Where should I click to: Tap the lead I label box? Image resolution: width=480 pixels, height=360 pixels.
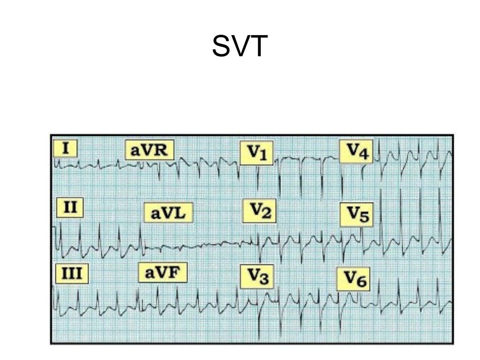click(x=65, y=149)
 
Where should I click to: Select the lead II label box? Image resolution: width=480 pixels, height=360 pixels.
click(x=70, y=207)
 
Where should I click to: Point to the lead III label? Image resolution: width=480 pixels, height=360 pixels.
click(x=72, y=274)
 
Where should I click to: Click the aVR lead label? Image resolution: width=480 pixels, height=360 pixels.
click(x=149, y=150)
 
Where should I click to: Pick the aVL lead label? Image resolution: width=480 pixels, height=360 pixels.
click(x=168, y=213)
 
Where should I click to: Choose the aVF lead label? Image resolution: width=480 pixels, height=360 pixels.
click(x=162, y=272)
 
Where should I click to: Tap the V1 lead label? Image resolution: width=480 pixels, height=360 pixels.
click(x=256, y=153)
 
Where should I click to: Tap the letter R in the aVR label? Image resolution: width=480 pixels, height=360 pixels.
click(x=162, y=150)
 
